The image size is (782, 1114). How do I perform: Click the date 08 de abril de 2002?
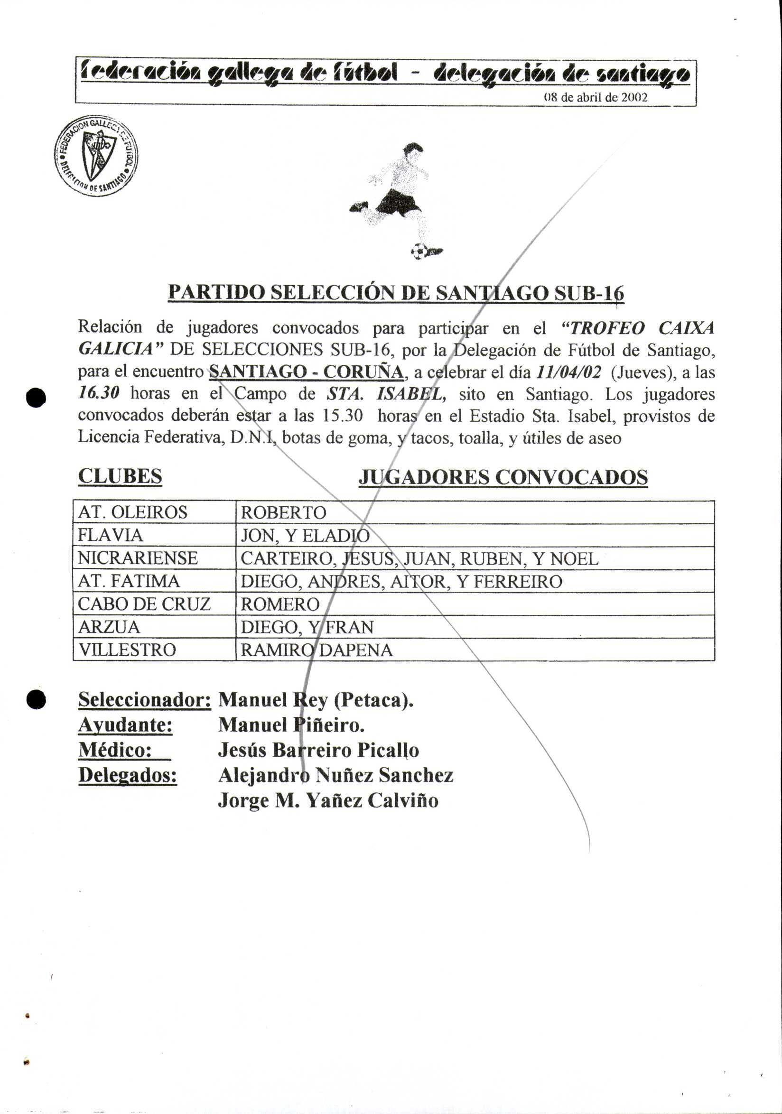(596, 98)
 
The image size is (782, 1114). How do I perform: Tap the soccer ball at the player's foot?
(419, 251)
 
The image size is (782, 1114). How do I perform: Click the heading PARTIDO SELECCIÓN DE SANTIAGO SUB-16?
(395, 293)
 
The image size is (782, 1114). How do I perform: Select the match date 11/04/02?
(569, 372)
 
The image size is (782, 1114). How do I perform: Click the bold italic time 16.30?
(99, 393)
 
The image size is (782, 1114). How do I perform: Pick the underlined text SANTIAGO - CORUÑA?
(306, 372)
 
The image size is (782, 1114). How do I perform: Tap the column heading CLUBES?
(120, 476)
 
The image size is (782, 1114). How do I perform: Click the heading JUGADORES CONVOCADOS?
(503, 477)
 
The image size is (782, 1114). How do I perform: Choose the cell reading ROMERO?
(280, 604)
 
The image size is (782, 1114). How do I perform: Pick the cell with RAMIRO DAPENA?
(317, 650)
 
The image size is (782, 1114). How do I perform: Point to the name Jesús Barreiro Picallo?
(318, 750)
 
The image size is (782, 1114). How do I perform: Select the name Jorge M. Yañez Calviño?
(328, 800)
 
